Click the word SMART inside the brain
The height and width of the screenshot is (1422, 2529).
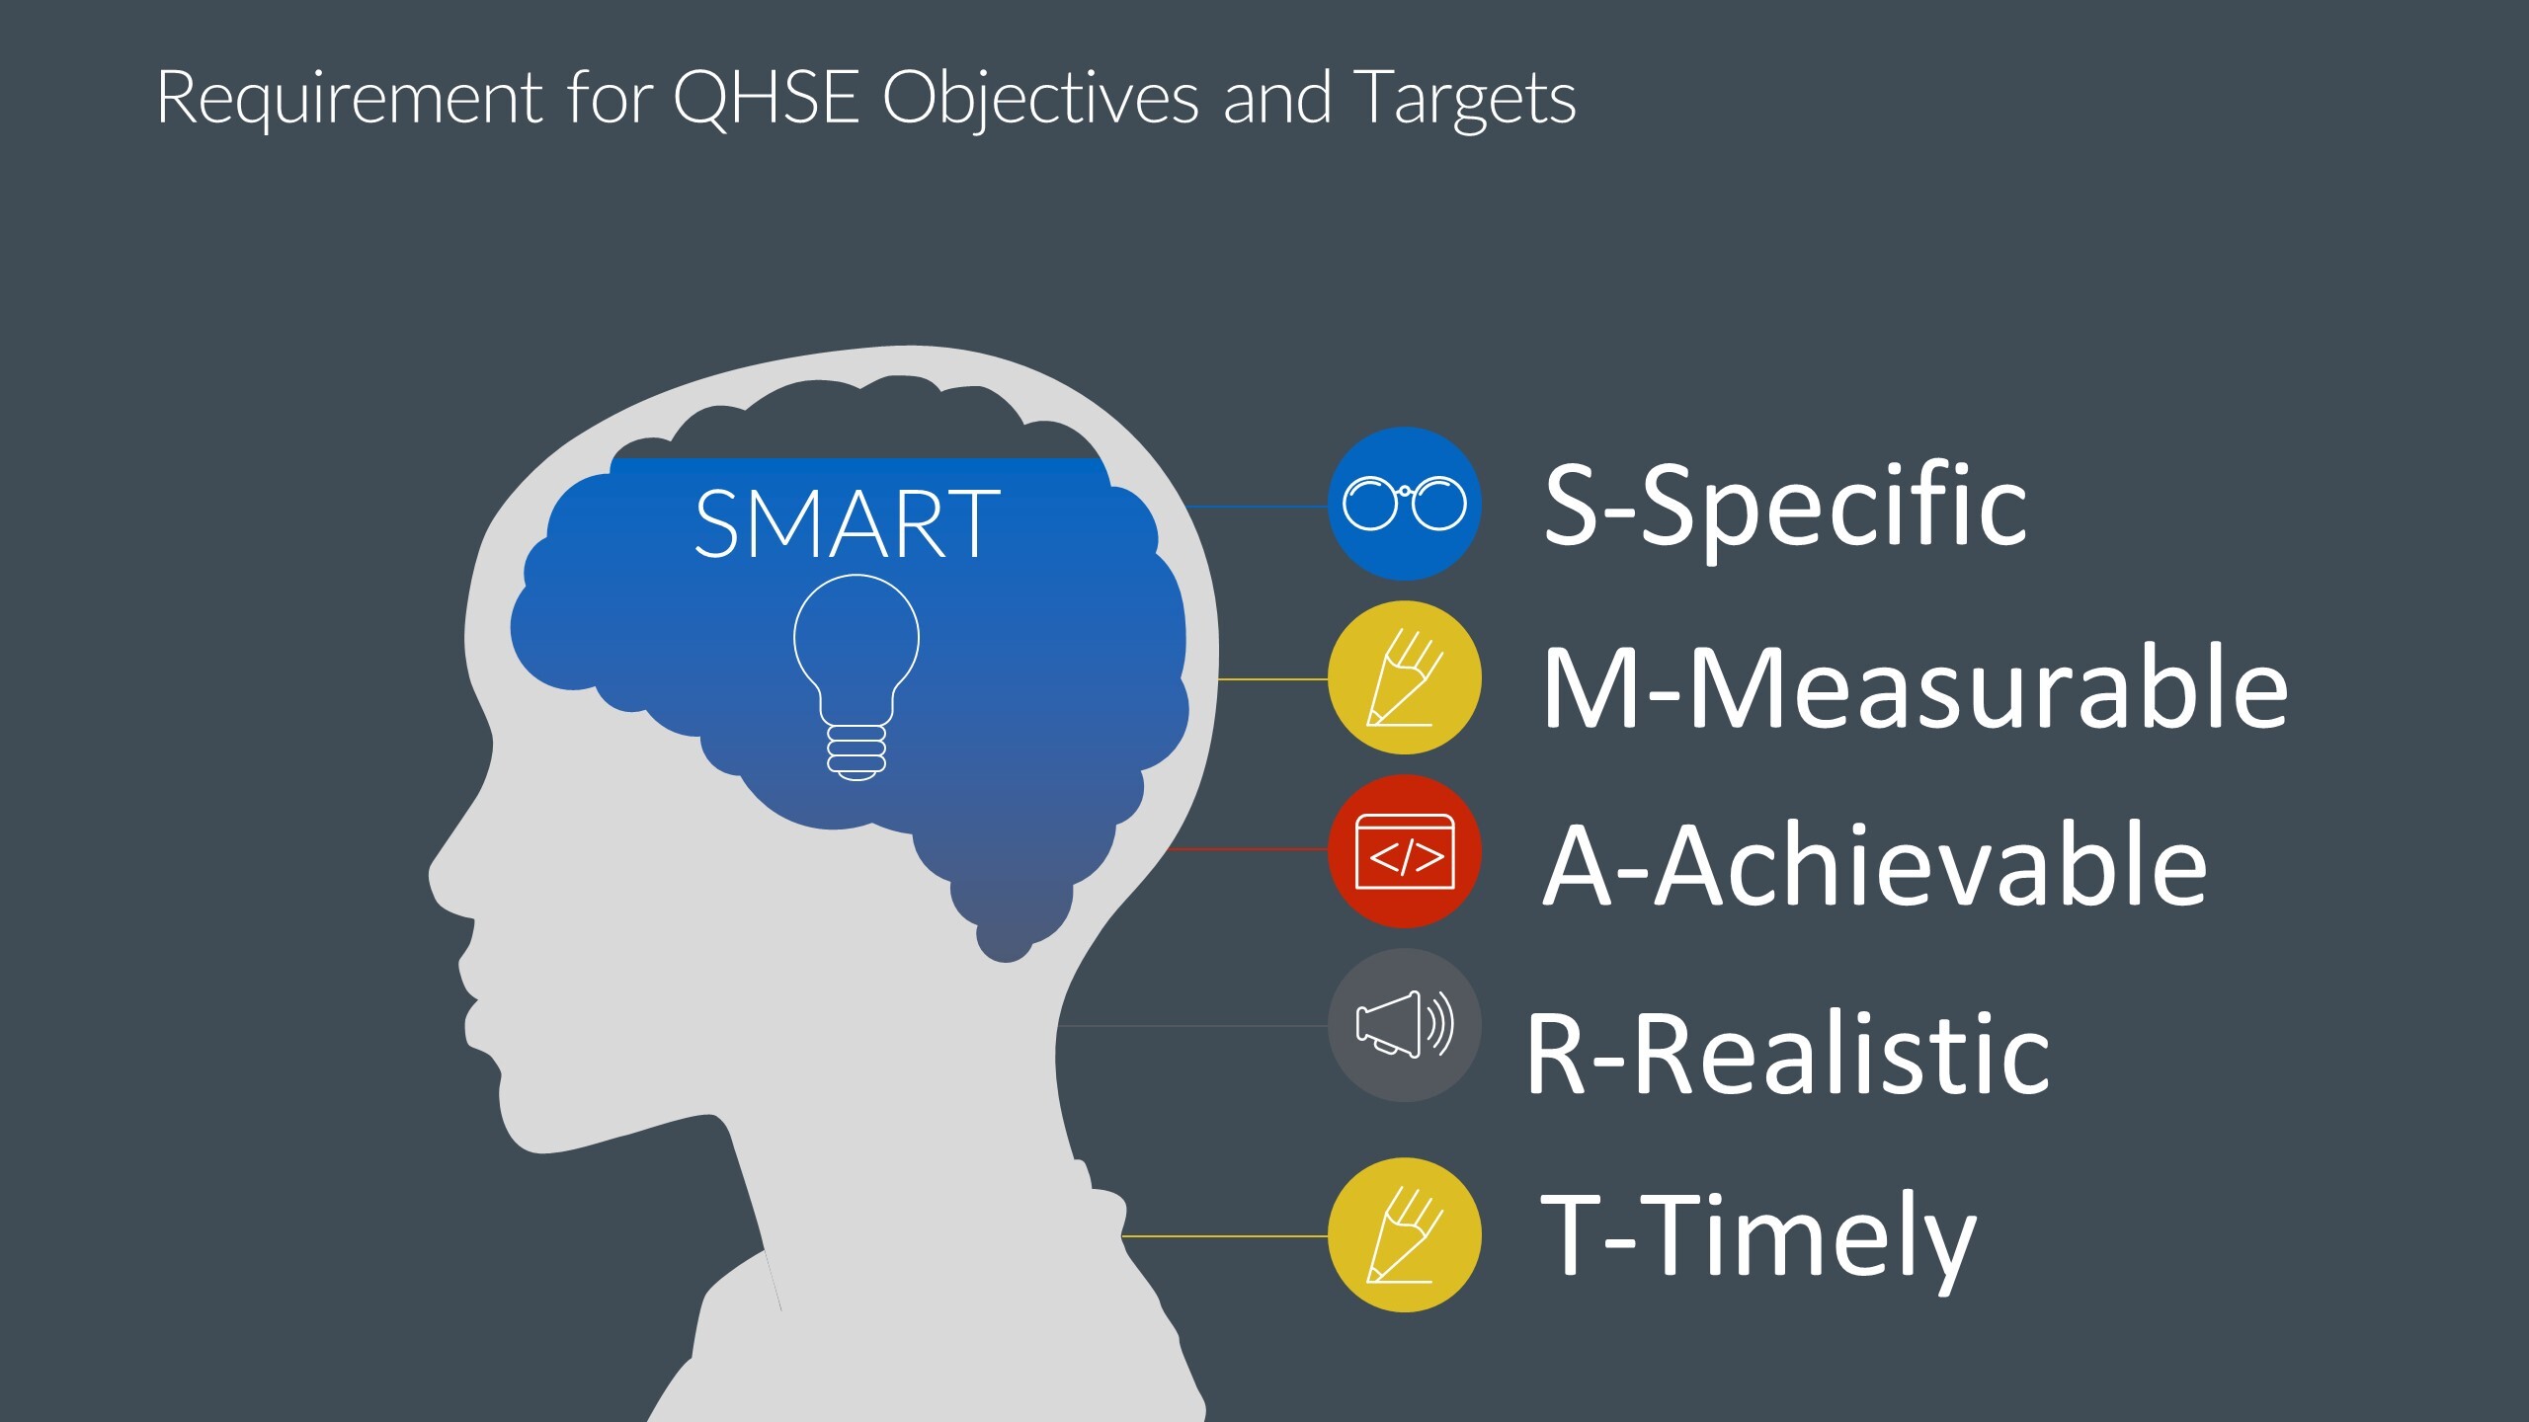(x=847, y=524)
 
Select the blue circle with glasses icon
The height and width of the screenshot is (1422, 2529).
(x=1404, y=504)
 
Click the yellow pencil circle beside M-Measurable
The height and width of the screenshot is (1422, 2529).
(x=1404, y=678)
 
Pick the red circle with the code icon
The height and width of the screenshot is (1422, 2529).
(x=1404, y=851)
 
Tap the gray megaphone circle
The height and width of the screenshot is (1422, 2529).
(x=1404, y=1025)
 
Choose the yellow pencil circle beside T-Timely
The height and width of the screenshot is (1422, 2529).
(x=1404, y=1234)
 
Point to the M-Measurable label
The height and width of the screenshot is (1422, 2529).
(x=1915, y=688)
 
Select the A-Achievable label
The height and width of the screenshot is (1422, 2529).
(x=1874, y=866)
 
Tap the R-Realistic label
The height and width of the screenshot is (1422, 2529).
(x=1788, y=1054)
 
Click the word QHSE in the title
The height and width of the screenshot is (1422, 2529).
(x=766, y=98)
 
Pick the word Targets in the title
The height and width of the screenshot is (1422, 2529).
(x=1464, y=98)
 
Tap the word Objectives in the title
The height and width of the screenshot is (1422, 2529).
(x=1040, y=98)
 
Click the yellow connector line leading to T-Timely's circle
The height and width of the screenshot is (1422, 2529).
(x=1225, y=1235)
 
